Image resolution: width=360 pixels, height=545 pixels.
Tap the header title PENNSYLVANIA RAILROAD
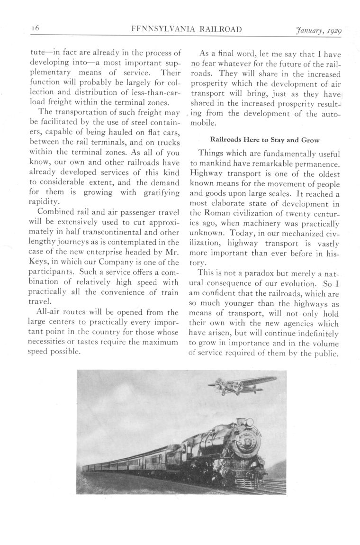188,29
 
